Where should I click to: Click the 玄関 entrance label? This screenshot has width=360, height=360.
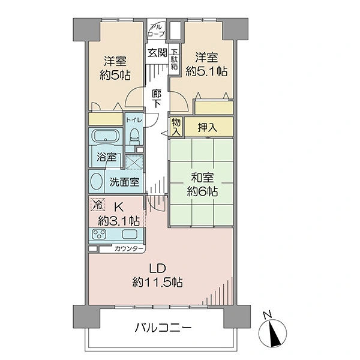point(157,53)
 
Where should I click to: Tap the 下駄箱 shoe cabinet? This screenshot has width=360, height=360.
point(174,59)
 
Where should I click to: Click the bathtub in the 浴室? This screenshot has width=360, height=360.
point(106,136)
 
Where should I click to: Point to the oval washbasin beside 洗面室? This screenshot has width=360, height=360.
point(97,181)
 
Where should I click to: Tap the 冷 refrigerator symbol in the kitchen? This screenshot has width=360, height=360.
point(98,205)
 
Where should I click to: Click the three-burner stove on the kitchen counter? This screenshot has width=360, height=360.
point(99,234)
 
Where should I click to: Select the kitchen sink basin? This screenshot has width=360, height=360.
point(130,234)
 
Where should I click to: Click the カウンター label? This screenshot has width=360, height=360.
point(128,248)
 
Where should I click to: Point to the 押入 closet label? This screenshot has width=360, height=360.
point(208,127)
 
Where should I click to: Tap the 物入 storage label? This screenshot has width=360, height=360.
point(176,127)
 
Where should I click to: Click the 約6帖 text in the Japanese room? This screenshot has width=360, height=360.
point(202,191)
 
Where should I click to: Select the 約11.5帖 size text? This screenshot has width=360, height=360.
point(157,282)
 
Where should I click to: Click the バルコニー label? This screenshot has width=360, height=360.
point(163,328)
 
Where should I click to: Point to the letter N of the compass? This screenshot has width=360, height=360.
point(268,315)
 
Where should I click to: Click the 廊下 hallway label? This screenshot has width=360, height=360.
point(157,98)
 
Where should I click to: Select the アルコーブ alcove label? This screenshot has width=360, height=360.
point(157,31)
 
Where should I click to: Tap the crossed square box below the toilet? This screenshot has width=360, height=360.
point(134,162)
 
